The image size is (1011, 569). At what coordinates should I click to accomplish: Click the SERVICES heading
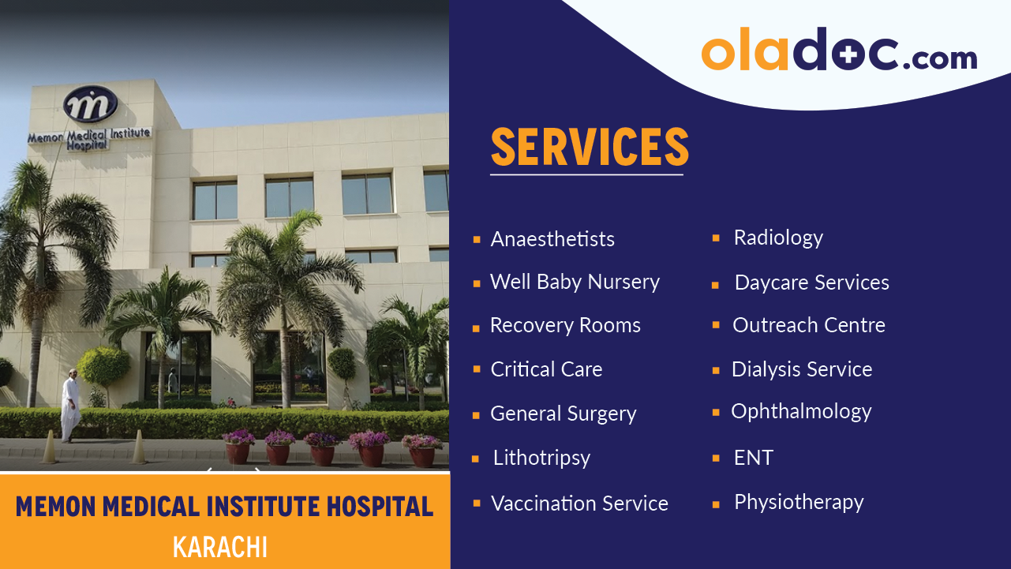(589, 147)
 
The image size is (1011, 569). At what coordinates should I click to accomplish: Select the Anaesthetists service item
(552, 239)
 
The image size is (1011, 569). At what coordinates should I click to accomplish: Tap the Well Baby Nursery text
(575, 282)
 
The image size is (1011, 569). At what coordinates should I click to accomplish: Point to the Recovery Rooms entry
(565, 325)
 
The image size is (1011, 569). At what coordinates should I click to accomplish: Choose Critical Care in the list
(546, 369)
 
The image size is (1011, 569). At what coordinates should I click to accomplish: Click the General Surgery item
(563, 414)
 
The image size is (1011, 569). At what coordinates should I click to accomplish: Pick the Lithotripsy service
(541, 458)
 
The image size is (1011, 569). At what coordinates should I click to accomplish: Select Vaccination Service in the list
(579, 503)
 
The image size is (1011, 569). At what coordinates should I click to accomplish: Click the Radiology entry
(778, 238)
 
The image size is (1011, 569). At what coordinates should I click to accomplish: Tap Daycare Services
(811, 283)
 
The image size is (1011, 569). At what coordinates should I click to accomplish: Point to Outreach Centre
(808, 325)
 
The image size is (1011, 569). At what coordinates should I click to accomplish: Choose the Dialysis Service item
(802, 369)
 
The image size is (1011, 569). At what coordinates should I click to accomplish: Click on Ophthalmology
(801, 411)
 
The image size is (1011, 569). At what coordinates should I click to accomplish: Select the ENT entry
(753, 458)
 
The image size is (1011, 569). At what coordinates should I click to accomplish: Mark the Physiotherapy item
(799, 502)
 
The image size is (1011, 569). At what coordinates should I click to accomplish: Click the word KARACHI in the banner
(220, 546)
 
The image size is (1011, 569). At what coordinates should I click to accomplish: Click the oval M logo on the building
(90, 104)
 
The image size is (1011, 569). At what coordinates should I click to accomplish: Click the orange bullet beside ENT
(716, 458)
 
